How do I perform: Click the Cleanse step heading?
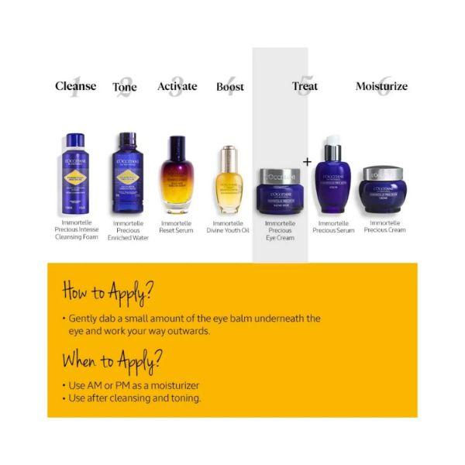pyautogui.click(x=76, y=86)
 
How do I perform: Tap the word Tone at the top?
pyautogui.click(x=125, y=87)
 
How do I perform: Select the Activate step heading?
pyautogui.click(x=177, y=86)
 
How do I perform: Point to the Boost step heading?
pyautogui.click(x=230, y=87)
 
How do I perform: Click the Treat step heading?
pyautogui.click(x=305, y=87)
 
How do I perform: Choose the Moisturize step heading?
pyautogui.click(x=381, y=87)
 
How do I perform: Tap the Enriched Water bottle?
pyautogui.click(x=127, y=174)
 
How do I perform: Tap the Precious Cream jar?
pyautogui.click(x=381, y=191)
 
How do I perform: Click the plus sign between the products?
pyautogui.click(x=307, y=162)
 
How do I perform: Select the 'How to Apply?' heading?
pyautogui.click(x=107, y=293)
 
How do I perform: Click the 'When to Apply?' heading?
pyautogui.click(x=112, y=360)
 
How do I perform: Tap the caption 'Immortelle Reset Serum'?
pyautogui.click(x=177, y=226)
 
